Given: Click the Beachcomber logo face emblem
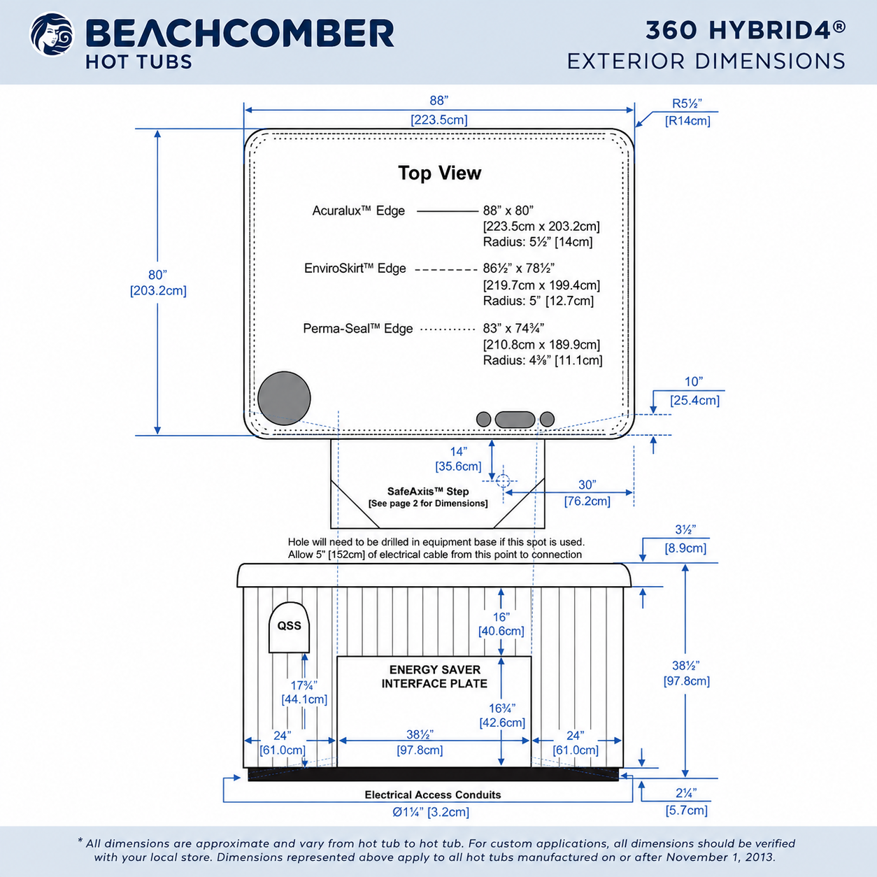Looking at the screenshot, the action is [52, 34].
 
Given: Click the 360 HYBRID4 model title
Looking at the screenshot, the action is [746, 30].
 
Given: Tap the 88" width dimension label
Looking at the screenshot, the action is [439, 100].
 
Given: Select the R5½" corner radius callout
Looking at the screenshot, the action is [687, 104].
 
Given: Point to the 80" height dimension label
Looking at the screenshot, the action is [157, 275].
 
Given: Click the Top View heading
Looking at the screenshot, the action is [440, 173].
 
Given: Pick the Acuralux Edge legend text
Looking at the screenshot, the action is [358, 211].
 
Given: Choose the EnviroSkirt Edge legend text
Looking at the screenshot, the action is [355, 269].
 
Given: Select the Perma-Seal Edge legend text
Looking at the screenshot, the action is [357, 329].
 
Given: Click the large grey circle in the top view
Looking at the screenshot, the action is [284, 398].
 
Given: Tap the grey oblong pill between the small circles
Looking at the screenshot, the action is [515, 420].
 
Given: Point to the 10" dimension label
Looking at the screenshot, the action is [694, 382].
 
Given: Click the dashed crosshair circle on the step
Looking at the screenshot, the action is [503, 480].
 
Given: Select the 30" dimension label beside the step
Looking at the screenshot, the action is [587, 485].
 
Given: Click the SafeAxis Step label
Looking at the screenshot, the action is [428, 492].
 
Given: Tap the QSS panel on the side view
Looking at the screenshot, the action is [289, 627].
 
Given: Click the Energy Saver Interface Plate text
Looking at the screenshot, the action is [434, 677].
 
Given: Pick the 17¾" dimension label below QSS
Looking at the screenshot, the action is [304, 685].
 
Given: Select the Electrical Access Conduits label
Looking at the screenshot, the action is [433, 794].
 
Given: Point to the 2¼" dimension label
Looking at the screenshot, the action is [686, 794].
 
